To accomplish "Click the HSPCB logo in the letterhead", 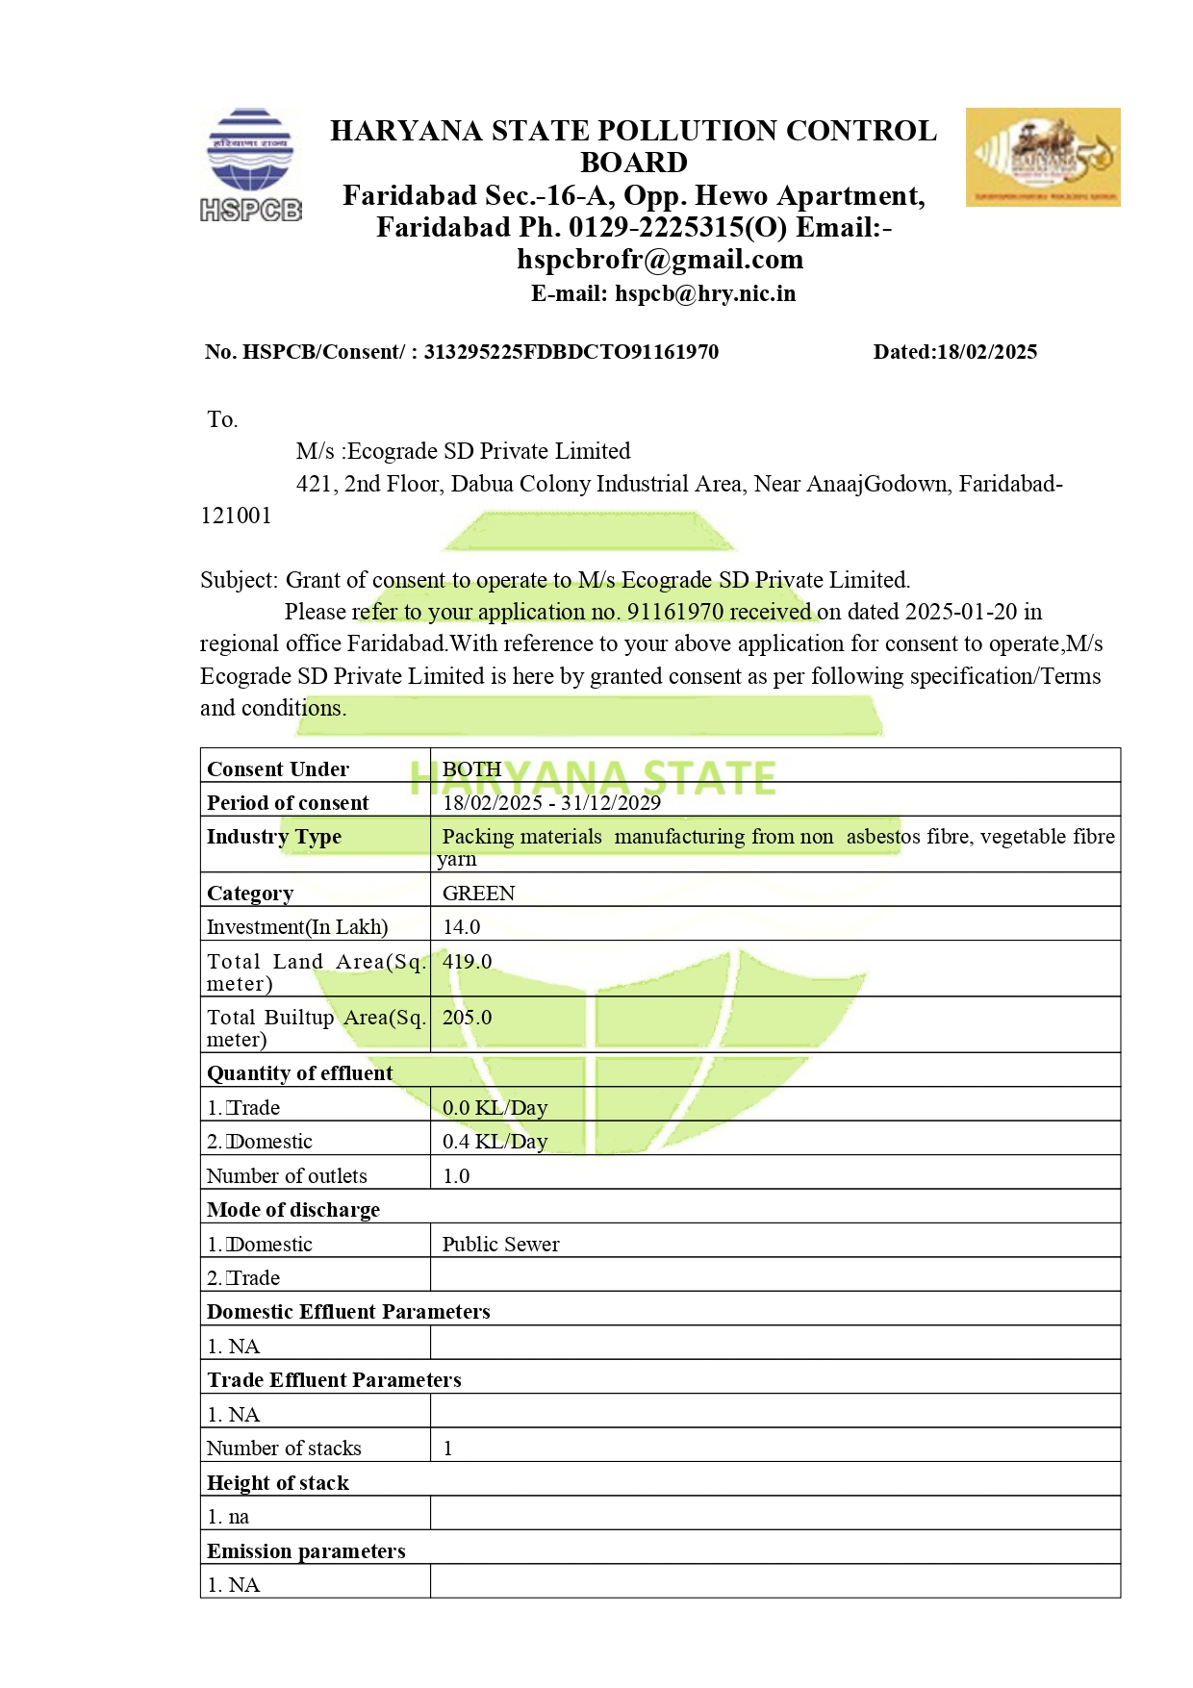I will coord(250,164).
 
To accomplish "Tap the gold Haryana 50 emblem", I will coord(1042,157).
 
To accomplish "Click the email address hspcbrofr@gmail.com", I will coord(660,260).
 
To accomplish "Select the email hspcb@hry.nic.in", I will coord(705,294).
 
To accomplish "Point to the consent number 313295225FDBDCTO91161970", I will coord(571,352).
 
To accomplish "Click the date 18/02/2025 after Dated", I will coord(987,352).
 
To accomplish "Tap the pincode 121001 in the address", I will coord(236,516).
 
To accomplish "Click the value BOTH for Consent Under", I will coord(471,769).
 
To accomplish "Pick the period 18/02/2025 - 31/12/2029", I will coord(551,803).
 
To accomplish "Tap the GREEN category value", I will coord(478,894).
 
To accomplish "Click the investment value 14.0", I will coord(461,927).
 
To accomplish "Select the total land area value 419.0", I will coord(467,962).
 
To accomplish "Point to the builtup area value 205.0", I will coord(467,1018).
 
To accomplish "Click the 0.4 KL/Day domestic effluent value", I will coord(495,1142).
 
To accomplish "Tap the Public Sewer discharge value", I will coord(500,1245).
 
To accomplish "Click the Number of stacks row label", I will coord(284,1449).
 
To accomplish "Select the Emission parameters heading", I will coord(306,1551).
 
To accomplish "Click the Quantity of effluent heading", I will coord(299,1073).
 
